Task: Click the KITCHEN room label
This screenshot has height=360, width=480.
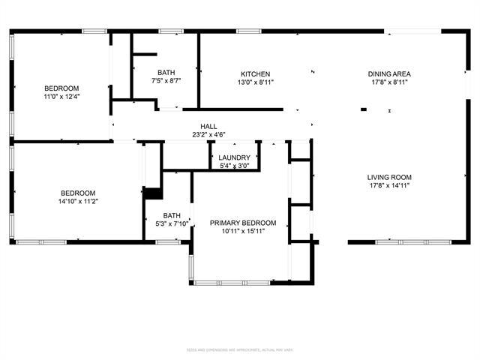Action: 254,73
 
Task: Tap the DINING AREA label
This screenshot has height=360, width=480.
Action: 388,73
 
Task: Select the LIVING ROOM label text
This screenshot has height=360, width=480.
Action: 389,178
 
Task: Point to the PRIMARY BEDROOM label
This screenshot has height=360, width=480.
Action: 242,223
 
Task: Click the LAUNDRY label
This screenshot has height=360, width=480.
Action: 234,157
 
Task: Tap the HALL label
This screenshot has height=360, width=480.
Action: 208,126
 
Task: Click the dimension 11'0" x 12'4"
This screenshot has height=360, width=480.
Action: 61,97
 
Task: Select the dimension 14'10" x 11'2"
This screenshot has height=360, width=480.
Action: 79,200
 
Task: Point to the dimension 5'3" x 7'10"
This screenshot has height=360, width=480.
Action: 172,223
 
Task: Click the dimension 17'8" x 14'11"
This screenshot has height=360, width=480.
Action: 389,186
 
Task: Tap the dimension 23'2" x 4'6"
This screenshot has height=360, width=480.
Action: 208,135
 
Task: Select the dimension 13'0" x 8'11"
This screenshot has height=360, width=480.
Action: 254,82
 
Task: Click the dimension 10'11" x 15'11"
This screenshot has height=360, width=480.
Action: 242,231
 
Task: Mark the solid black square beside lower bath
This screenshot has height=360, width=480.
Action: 153,193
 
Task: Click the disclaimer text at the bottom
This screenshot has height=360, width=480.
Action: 239,350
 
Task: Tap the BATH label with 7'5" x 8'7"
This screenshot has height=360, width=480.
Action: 166,72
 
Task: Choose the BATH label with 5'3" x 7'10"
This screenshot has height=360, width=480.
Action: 172,214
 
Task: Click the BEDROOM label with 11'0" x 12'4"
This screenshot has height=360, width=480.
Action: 61,88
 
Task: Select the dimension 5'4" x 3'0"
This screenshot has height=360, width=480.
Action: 234,166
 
